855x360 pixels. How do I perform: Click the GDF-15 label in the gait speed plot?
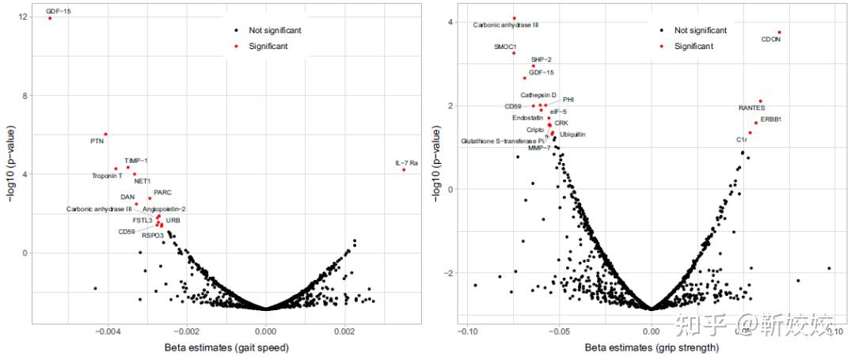pos(59,11)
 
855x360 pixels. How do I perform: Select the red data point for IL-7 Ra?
pos(404,169)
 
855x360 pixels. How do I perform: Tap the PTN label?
pos(97,141)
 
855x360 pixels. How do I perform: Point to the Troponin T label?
pos(107,176)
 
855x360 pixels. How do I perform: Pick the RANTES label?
pos(751,108)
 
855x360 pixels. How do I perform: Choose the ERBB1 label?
pos(771,119)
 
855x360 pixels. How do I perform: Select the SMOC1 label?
pos(505,47)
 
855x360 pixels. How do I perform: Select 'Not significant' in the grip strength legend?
pos(701,30)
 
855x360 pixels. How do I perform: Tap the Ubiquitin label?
pos(572,135)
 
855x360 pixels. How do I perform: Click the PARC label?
pos(162,192)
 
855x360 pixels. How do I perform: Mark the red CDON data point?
pos(779,32)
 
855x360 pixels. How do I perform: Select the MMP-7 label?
pos(539,148)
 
